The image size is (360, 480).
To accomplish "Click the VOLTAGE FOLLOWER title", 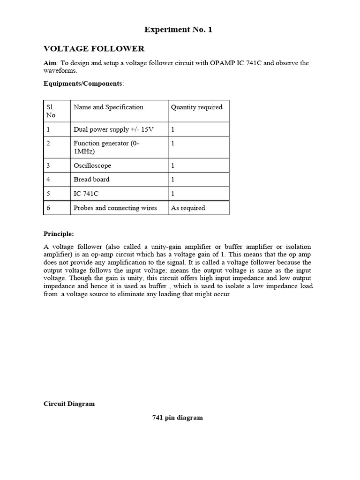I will click(94, 49).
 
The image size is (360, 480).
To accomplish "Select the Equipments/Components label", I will click(83, 83).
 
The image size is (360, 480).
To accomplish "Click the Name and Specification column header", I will click(108, 107).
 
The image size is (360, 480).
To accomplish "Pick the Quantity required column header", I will click(196, 107).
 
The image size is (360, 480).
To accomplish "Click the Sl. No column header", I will click(51, 111).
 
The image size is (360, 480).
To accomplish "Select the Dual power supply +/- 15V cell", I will click(113, 129).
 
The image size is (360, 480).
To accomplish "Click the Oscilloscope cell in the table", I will click(92, 165).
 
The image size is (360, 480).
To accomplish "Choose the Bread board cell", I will click(91, 179).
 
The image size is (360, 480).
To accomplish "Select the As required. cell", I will click(188, 208).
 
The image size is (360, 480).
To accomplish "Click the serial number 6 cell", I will click(49, 208).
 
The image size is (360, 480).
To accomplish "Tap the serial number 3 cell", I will click(49, 165).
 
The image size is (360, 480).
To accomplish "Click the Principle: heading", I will click(59, 234).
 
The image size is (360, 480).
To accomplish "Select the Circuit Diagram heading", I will click(69, 404).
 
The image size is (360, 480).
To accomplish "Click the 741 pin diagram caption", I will click(178, 418).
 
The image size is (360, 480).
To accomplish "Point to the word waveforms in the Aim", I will click(60, 70).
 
